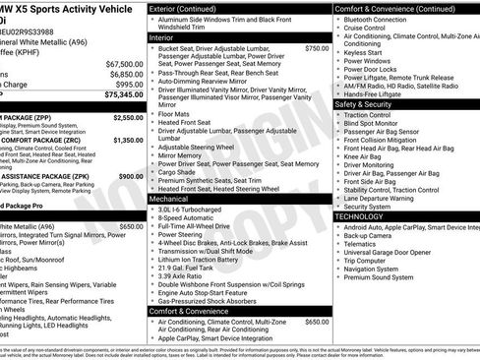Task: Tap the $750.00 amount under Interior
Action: pyautogui.click(x=317, y=47)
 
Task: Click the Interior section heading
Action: pyautogui.click(x=168, y=36)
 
